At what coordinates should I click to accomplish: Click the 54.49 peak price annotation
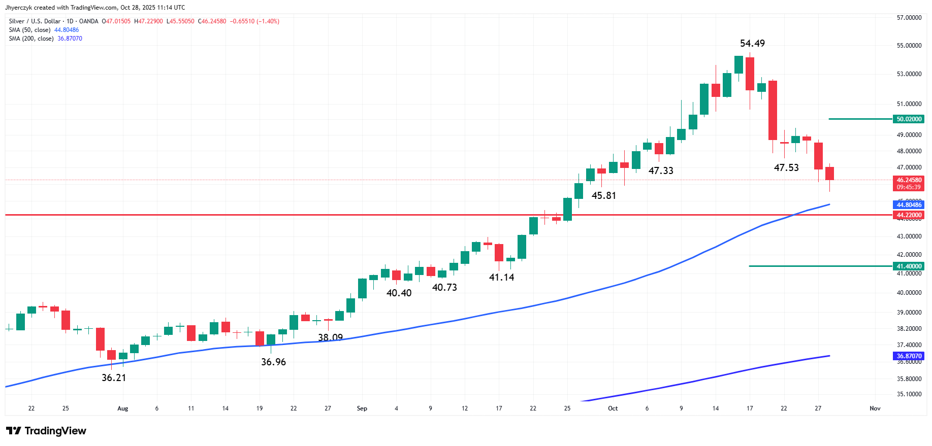point(752,44)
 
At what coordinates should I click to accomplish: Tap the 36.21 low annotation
point(114,378)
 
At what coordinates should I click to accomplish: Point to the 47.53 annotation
point(786,168)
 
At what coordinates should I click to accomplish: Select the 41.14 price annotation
point(501,278)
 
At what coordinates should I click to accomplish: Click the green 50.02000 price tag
point(909,119)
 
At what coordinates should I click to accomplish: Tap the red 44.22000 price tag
point(909,215)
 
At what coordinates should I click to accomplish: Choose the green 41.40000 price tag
point(909,266)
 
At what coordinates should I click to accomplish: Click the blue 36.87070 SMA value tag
point(909,356)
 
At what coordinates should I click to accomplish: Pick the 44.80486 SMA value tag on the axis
point(909,205)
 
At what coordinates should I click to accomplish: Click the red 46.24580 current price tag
point(909,180)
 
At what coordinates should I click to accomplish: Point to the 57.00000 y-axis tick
point(909,18)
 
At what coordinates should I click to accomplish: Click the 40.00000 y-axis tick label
point(909,293)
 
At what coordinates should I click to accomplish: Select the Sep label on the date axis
point(362,408)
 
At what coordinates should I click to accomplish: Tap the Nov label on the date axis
point(875,408)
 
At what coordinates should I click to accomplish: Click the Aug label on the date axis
point(122,408)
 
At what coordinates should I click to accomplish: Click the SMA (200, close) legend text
point(31,39)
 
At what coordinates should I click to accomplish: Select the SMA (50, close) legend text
point(29,30)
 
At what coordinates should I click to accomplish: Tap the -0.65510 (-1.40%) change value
point(254,21)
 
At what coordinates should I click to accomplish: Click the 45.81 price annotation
point(603,196)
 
